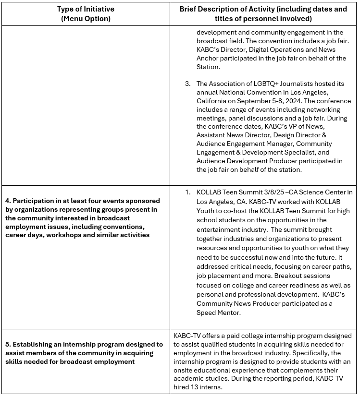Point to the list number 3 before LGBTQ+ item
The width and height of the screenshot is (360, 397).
tap(188, 84)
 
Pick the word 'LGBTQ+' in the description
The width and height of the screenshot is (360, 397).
tap(262, 84)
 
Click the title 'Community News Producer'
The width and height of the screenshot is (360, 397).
tap(238, 303)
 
